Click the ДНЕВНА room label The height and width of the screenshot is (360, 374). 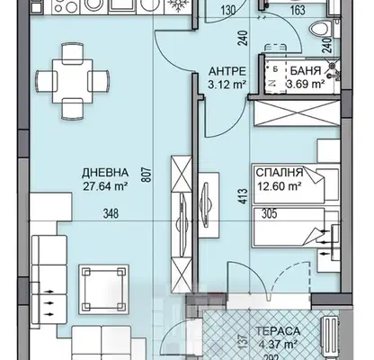tap(105, 173)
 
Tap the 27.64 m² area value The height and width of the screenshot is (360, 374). tap(105, 186)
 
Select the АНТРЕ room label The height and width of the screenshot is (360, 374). tap(227, 71)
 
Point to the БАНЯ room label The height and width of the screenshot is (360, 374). tap(306, 71)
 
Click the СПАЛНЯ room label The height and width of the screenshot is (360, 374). tap(280, 173)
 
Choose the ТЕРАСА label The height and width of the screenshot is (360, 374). tap(278, 331)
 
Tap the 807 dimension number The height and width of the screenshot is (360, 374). tap(148, 175)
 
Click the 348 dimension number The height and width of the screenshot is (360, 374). tap(111, 214)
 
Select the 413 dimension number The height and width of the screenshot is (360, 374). tap(244, 196)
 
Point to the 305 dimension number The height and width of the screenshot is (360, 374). tap(270, 214)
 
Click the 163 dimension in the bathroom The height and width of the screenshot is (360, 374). tap(298, 11)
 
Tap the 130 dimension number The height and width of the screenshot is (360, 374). tap(228, 12)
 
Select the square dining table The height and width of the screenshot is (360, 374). tap(73, 81)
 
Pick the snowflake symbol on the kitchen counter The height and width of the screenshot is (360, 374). tap(178, 6)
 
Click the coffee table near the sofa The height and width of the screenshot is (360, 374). tap(104, 289)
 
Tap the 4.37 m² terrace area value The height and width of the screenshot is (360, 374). tap(278, 345)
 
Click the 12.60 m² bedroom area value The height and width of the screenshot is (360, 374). tap(279, 186)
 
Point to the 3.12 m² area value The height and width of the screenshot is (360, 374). tap(227, 85)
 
